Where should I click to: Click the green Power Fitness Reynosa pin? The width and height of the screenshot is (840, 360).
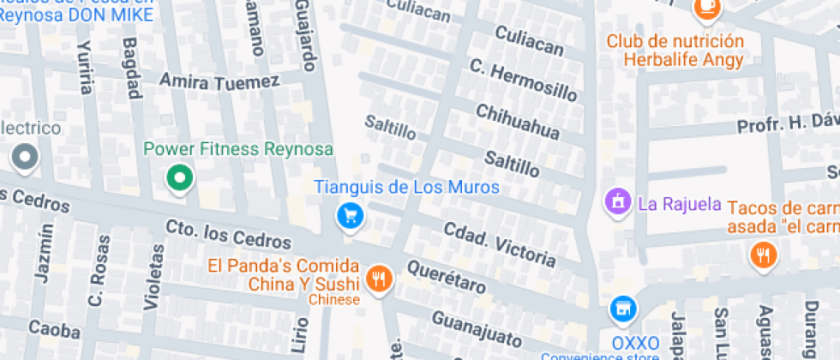(180, 178)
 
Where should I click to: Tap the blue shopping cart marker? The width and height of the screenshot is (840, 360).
(350, 215)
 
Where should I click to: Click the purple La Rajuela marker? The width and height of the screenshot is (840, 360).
(616, 203)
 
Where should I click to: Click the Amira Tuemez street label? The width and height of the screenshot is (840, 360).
(219, 81)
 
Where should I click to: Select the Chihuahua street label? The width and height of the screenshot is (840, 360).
(517, 122)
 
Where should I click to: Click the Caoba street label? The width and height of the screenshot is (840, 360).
(54, 327)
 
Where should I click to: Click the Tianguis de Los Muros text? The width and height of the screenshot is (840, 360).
(406, 187)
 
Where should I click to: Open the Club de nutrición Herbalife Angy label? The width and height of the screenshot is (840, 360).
(675, 50)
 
